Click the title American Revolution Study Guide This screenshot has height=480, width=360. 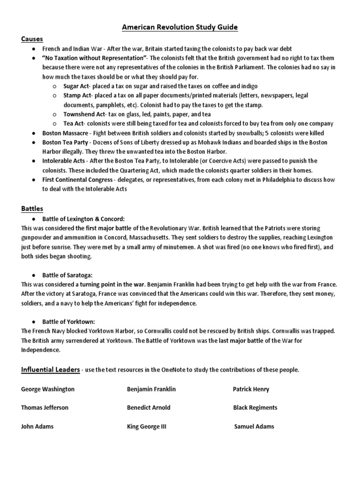pyautogui.click(x=180, y=28)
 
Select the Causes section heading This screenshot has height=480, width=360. pyautogui.click(x=31, y=39)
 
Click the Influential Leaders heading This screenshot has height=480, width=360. pyautogui.click(x=50, y=370)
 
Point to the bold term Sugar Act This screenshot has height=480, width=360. pyautogui.click(x=77, y=86)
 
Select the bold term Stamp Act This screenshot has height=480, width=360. pyautogui.click(x=78, y=96)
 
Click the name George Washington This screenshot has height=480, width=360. pyautogui.click(x=48, y=389)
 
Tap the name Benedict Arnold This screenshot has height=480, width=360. pyautogui.click(x=149, y=408)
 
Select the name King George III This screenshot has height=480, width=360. pyautogui.click(x=147, y=427)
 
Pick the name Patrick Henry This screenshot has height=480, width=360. pyautogui.click(x=251, y=389)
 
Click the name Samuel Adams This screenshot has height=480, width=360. pyautogui.click(x=254, y=427)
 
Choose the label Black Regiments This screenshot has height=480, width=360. pyautogui.click(x=255, y=408)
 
